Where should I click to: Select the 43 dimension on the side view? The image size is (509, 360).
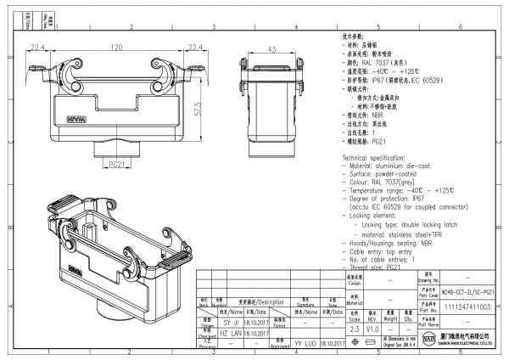[x=271, y=49]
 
